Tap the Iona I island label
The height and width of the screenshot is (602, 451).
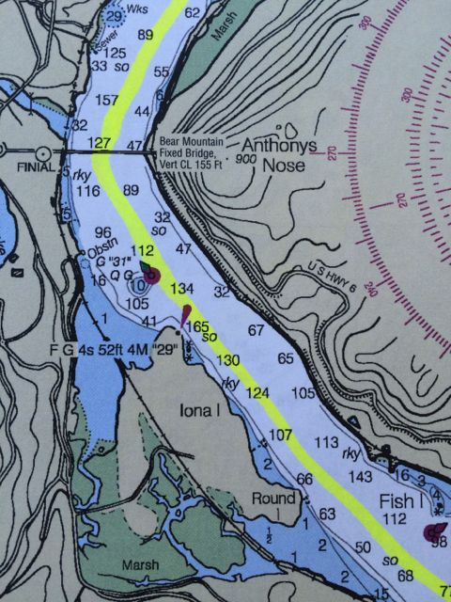198,410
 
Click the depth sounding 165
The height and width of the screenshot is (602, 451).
199,325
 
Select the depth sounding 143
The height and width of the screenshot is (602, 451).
361,477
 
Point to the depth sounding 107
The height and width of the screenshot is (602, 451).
281,435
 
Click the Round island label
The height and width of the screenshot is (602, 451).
271,498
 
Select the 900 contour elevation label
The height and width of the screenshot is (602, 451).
222,160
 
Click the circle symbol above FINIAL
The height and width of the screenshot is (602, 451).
43,151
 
